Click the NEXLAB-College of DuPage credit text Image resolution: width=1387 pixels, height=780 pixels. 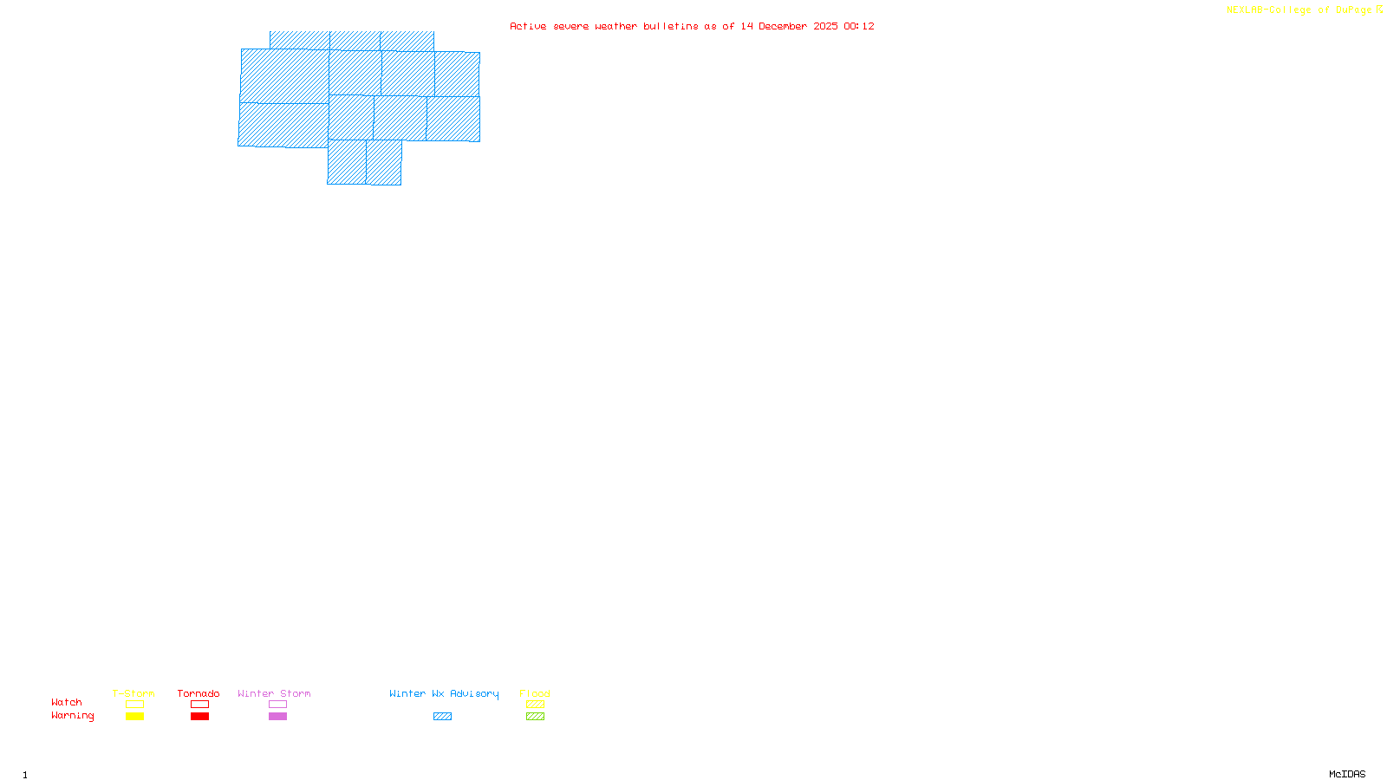(1299, 10)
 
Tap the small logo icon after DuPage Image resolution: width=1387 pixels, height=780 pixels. (1379, 10)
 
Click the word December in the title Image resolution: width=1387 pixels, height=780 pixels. (783, 27)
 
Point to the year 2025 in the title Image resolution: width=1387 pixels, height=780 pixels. (825, 27)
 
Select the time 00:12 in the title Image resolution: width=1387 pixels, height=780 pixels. (859, 27)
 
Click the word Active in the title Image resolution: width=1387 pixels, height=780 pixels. (528, 27)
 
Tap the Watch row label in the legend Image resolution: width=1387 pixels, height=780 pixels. (67, 702)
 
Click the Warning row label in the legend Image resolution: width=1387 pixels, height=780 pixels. (73, 716)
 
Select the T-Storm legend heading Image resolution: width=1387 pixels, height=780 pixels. (133, 693)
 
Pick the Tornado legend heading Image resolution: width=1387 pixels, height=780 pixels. (199, 693)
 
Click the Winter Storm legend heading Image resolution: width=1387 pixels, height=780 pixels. (274, 693)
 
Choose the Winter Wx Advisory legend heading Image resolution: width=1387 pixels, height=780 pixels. (444, 693)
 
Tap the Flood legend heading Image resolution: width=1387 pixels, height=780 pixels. (535, 693)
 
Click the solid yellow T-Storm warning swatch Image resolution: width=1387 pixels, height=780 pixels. (134, 717)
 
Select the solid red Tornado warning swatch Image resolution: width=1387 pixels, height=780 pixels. (200, 717)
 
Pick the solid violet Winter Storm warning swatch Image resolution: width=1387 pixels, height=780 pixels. (277, 717)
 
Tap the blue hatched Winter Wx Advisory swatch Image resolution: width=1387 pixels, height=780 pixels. (442, 717)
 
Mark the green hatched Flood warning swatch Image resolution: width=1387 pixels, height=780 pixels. (535, 717)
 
